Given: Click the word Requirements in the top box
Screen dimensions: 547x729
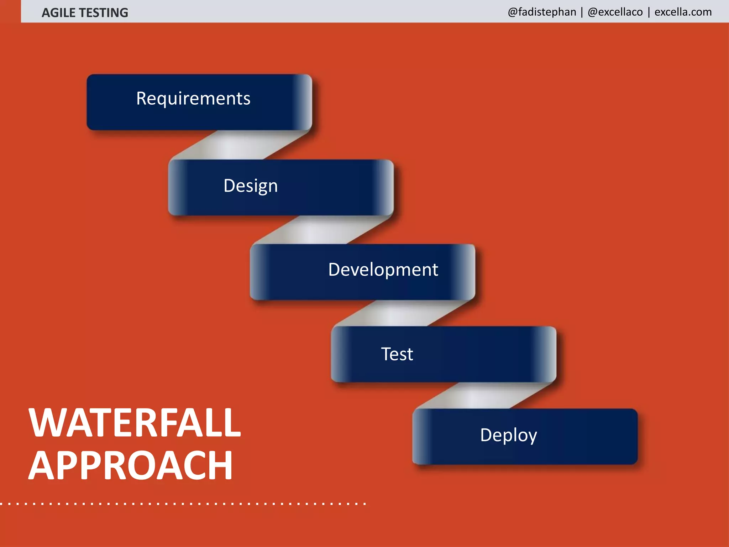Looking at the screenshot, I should click(193, 99).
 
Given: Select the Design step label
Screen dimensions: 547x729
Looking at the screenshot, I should click(251, 186).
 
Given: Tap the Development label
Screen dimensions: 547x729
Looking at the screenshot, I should click(383, 270).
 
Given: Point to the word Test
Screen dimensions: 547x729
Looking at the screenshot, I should click(397, 354).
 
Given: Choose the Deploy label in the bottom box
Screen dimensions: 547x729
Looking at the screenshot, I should click(508, 435).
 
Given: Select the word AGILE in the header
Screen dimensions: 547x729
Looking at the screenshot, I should click(58, 13).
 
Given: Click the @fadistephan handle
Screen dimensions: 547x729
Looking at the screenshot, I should click(542, 12).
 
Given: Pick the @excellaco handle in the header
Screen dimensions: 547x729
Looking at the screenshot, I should click(615, 12).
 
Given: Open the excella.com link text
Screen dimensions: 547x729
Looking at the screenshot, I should click(683, 12).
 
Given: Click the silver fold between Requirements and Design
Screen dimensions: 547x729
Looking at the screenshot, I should click(240, 145).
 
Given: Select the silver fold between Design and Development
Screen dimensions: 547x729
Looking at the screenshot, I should click(322, 230).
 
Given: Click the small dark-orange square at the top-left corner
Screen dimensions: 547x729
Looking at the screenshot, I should click(10, 11).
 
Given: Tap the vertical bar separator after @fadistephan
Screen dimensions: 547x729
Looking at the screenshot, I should click(582, 12).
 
